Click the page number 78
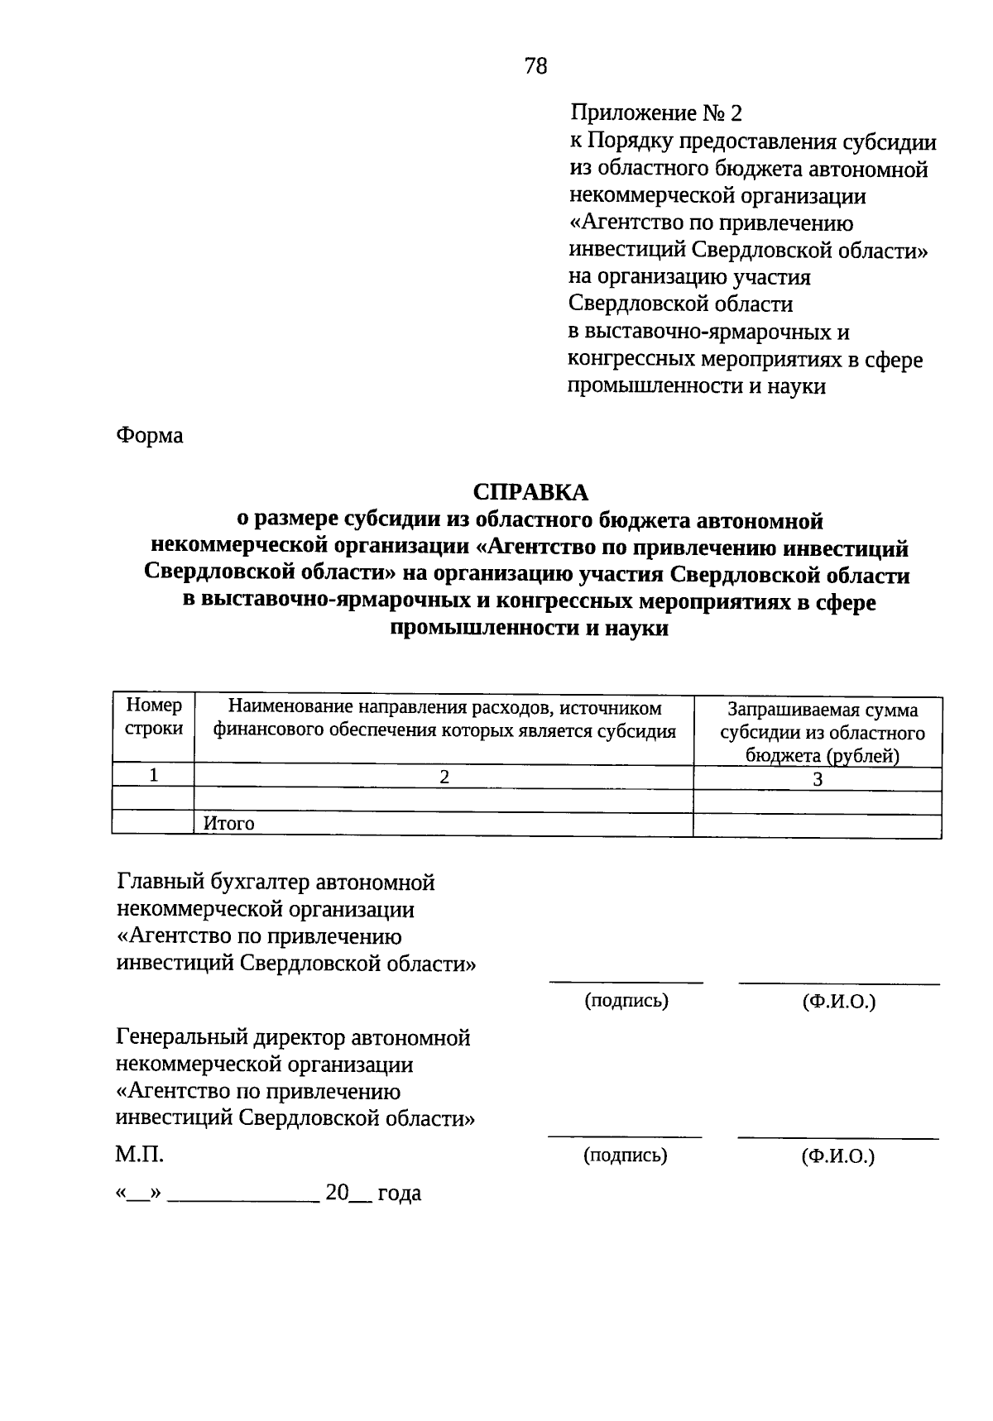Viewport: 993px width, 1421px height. point(535,66)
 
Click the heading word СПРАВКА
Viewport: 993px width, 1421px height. point(530,492)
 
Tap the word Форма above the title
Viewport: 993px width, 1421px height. point(149,435)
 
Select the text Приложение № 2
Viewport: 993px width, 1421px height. point(656,112)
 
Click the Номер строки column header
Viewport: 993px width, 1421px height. point(154,717)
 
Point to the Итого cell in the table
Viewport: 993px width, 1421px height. point(229,824)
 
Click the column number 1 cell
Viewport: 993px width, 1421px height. point(154,776)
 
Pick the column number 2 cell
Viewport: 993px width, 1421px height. point(444,777)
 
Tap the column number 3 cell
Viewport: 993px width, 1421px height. point(818,779)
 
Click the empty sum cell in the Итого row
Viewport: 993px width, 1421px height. point(818,825)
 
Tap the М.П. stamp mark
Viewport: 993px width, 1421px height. point(139,1154)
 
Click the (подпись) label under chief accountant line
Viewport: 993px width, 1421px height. point(626,1001)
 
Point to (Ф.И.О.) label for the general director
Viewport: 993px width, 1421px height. point(837,1155)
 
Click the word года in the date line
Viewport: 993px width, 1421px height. point(399,1193)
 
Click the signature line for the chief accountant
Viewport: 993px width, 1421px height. point(626,982)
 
